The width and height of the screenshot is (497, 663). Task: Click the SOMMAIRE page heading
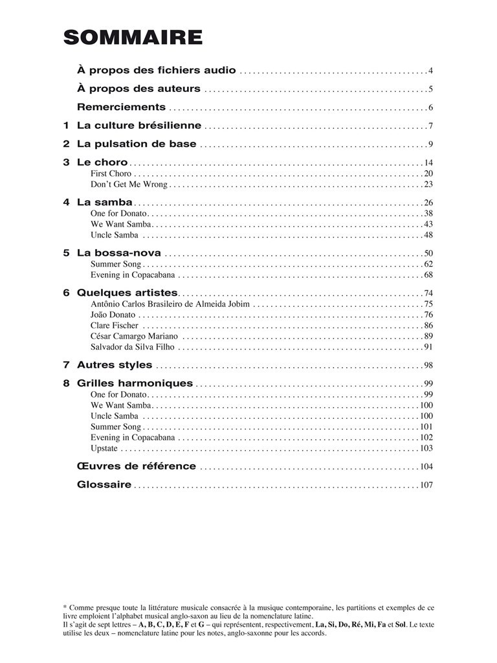(133, 38)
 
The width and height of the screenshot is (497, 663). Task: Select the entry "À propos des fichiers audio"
(156, 70)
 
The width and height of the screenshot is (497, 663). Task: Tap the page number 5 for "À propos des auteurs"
(430, 89)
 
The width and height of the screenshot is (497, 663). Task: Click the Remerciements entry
(121, 107)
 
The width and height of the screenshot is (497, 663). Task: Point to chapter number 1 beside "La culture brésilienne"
(66, 126)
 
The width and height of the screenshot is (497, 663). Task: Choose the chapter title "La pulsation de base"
(137, 144)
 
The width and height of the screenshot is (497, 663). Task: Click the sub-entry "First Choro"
(111, 174)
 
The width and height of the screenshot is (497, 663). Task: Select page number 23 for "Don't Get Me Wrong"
(428, 185)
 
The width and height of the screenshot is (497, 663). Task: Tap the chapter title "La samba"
(105, 202)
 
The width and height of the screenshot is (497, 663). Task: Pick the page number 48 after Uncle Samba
(428, 234)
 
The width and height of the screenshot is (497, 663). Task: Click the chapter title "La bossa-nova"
(119, 253)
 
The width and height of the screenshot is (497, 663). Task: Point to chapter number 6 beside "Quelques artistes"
(66, 293)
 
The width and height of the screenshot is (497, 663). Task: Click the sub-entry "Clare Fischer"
(114, 325)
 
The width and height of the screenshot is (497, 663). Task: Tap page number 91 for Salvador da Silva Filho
(428, 347)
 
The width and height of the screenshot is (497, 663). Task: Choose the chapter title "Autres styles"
(115, 365)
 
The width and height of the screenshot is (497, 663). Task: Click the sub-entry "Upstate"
(104, 448)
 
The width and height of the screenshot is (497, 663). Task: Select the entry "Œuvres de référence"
(137, 466)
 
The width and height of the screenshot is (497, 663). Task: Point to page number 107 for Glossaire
(426, 485)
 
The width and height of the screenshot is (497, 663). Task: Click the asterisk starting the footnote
(65, 607)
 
